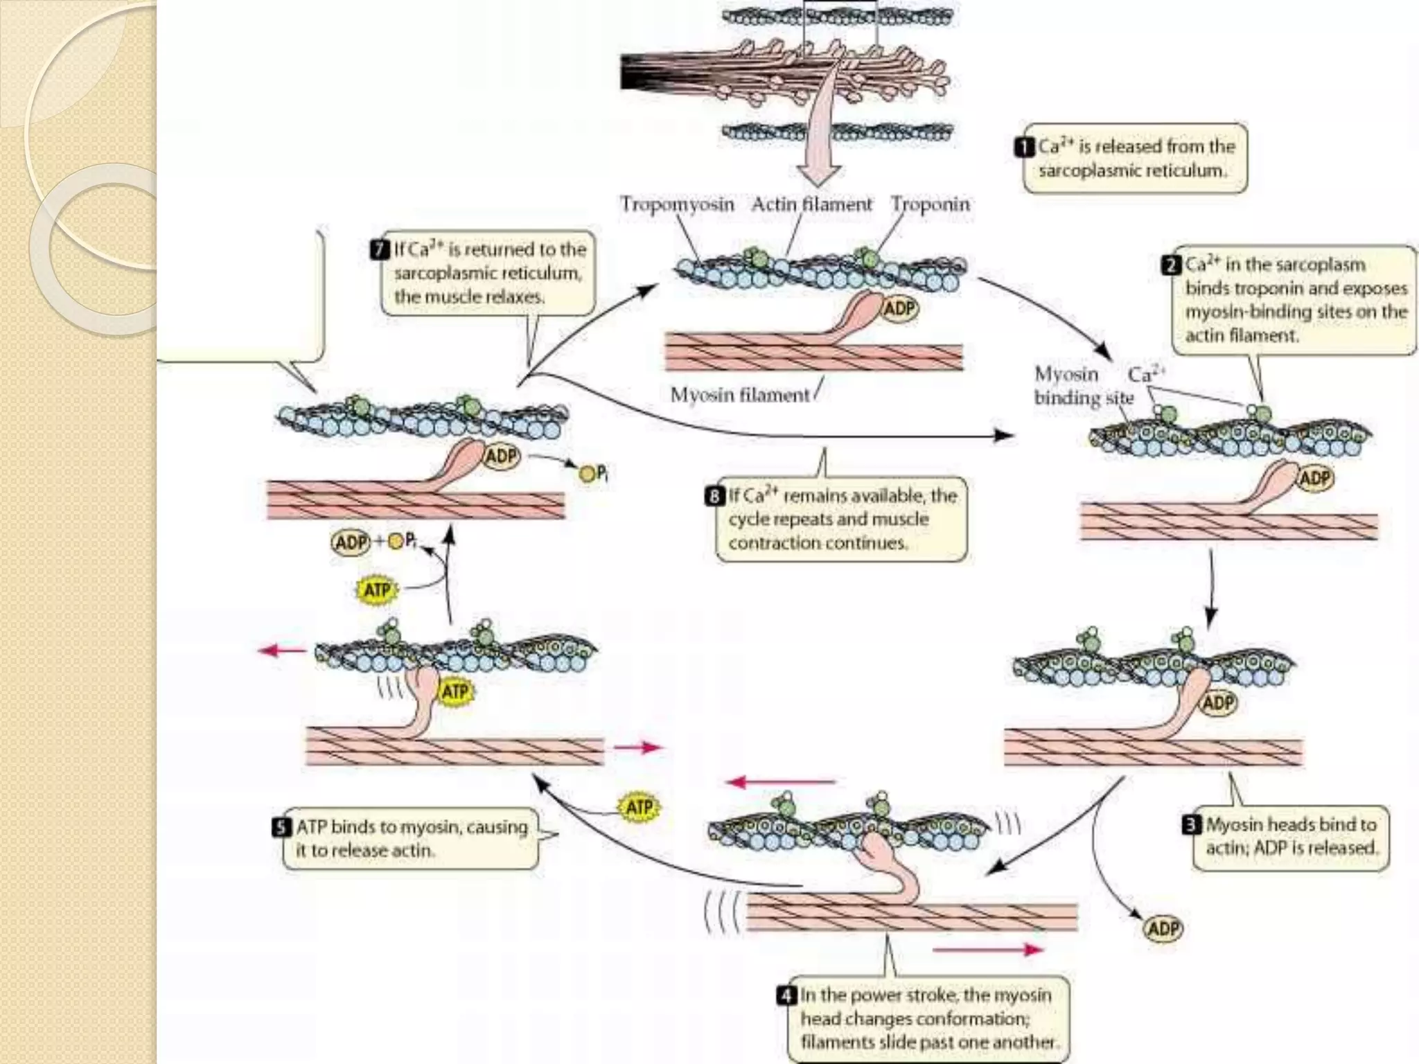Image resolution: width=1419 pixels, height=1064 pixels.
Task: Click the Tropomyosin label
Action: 676,204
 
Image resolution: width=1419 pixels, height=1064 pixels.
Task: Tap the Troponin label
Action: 930,204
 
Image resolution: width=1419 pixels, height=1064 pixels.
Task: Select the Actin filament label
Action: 811,204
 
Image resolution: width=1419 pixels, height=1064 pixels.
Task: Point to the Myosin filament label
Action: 739,395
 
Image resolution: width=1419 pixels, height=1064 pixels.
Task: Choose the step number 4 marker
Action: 786,995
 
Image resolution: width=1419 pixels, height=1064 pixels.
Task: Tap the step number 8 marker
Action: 714,496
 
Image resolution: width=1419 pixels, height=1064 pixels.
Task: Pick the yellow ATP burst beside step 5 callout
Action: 638,808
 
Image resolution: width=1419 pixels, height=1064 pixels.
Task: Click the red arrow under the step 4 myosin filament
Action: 988,949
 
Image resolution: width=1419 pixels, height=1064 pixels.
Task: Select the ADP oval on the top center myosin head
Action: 899,308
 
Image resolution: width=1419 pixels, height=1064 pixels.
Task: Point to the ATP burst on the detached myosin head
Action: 455,691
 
